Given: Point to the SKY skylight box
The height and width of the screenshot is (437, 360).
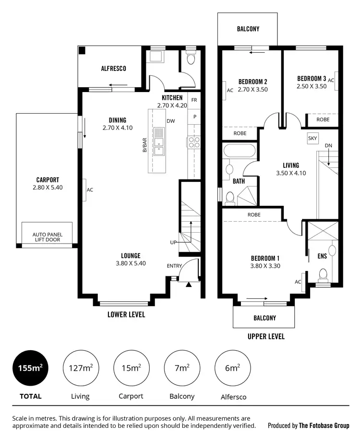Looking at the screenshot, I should point(312,138).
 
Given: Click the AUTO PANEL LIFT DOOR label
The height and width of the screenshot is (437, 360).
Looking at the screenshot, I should point(47,237).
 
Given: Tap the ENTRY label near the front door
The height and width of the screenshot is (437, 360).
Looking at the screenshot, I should point(174,266).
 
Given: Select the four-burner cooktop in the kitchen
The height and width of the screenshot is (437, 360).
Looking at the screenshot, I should point(193,142).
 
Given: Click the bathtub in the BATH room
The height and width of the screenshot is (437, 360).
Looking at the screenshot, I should point(239,151).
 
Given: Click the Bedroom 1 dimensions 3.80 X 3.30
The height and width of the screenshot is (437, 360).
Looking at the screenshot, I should point(265,266).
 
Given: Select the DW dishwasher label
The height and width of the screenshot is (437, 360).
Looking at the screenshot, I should point(170,121).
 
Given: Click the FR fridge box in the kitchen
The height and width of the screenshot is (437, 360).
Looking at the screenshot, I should point(194,100).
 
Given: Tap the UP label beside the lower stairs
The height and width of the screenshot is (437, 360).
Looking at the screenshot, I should point(173,242).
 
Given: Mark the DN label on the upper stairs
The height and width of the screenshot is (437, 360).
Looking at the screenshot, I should point(328,145).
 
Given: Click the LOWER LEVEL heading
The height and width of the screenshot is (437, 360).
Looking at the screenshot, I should point(126,315).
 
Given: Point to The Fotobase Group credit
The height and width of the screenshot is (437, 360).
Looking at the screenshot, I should point(324,425).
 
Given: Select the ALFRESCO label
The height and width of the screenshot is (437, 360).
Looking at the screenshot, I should point(113,69).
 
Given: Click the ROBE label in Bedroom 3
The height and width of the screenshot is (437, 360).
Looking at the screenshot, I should point(323,119).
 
